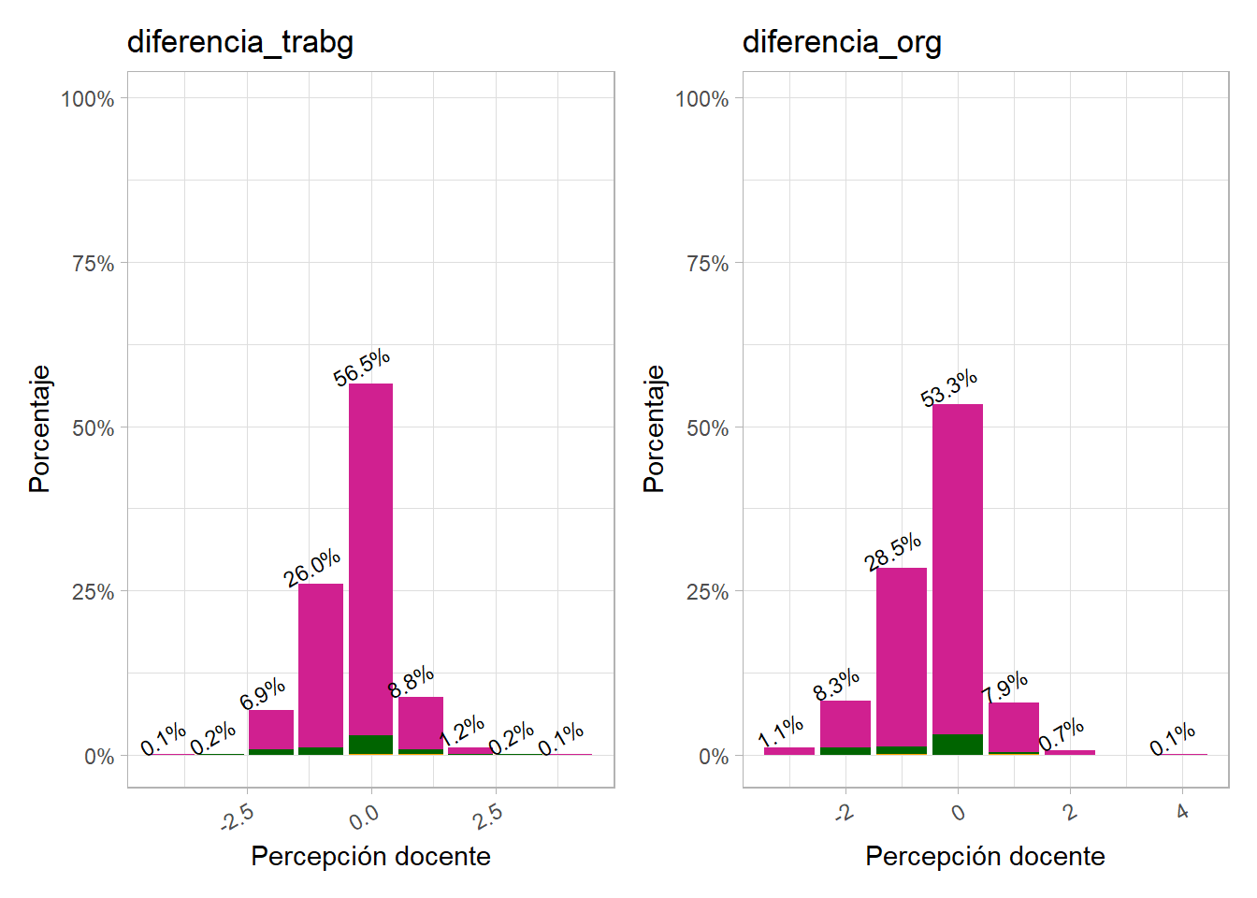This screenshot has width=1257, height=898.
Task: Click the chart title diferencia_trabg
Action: (x=240, y=42)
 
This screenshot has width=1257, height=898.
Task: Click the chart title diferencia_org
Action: (x=842, y=42)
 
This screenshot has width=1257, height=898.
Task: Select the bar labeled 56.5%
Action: (x=370, y=561)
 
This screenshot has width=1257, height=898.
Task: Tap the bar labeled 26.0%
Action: (x=321, y=664)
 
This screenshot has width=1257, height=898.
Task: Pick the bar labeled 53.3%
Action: (x=958, y=571)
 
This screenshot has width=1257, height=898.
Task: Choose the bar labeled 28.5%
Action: (x=902, y=655)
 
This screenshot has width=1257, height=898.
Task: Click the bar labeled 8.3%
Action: (x=845, y=725)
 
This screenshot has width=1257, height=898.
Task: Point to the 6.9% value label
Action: (x=263, y=694)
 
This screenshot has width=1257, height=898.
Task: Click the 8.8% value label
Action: (x=412, y=681)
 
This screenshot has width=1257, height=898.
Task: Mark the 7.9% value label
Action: (x=1005, y=688)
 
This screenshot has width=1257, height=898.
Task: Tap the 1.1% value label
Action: (x=781, y=731)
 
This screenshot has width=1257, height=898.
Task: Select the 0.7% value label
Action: (x=1062, y=733)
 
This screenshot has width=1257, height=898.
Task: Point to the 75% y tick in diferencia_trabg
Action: (x=93, y=264)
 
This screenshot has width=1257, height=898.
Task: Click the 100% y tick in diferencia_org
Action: (x=701, y=99)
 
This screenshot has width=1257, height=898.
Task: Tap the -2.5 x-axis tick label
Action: (x=238, y=818)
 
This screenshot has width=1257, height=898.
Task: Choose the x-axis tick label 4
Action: (x=1183, y=812)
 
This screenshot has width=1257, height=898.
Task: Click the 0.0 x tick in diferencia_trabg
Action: (x=364, y=818)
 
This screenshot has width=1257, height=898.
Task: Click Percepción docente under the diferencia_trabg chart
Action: (x=370, y=856)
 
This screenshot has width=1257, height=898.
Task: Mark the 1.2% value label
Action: (x=462, y=731)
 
